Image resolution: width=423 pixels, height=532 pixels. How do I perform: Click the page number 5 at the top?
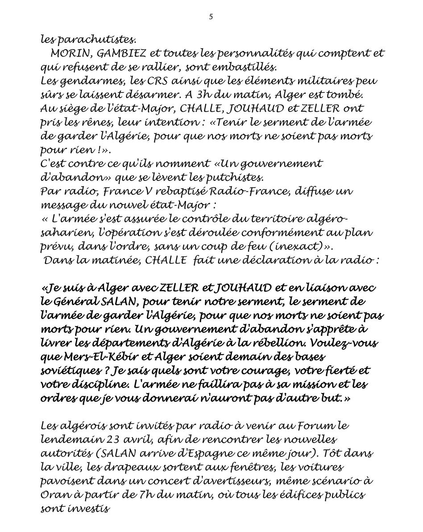211,17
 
